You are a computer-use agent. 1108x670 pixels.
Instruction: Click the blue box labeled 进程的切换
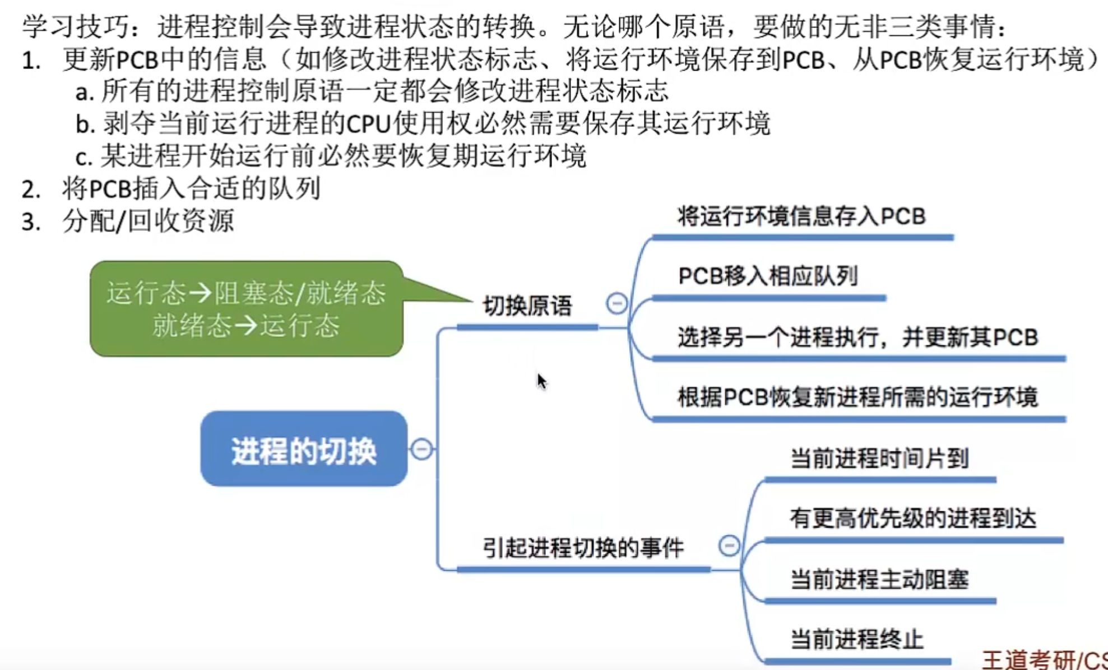click(x=304, y=449)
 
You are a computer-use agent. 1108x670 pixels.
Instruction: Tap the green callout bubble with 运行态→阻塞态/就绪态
click(x=247, y=308)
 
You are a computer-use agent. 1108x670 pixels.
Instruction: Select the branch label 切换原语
click(x=527, y=306)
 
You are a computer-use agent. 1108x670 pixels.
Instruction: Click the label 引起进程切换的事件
click(x=583, y=548)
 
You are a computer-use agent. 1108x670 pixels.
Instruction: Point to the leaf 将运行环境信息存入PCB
click(x=801, y=216)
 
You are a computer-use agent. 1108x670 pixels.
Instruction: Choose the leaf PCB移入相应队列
click(x=768, y=276)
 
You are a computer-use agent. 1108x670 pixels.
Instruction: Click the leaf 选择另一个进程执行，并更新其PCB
click(x=857, y=338)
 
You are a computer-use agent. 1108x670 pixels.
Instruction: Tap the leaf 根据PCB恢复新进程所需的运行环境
click(x=857, y=398)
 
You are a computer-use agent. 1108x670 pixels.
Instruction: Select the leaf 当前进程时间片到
click(x=879, y=459)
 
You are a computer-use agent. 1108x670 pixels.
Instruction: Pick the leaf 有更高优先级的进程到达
click(x=912, y=519)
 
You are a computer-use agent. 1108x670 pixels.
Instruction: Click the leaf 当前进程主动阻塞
click(x=879, y=579)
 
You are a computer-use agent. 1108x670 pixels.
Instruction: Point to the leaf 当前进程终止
click(x=856, y=639)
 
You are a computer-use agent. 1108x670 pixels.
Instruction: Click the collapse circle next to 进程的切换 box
click(x=422, y=449)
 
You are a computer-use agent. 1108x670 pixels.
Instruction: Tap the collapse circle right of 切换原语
click(x=616, y=303)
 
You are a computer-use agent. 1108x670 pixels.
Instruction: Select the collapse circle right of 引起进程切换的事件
click(x=729, y=545)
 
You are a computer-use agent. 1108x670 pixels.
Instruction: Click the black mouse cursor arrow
click(x=541, y=381)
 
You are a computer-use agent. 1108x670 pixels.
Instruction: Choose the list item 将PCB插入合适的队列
click(x=191, y=188)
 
